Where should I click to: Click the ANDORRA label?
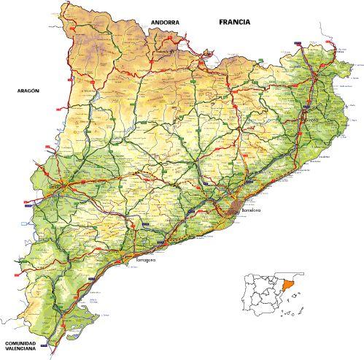(x=165, y=23)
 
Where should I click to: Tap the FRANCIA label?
(x=234, y=22)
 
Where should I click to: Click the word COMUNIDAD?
(x=25, y=343)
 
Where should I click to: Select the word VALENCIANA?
(x=25, y=351)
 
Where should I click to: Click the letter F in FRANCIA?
(x=221, y=22)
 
